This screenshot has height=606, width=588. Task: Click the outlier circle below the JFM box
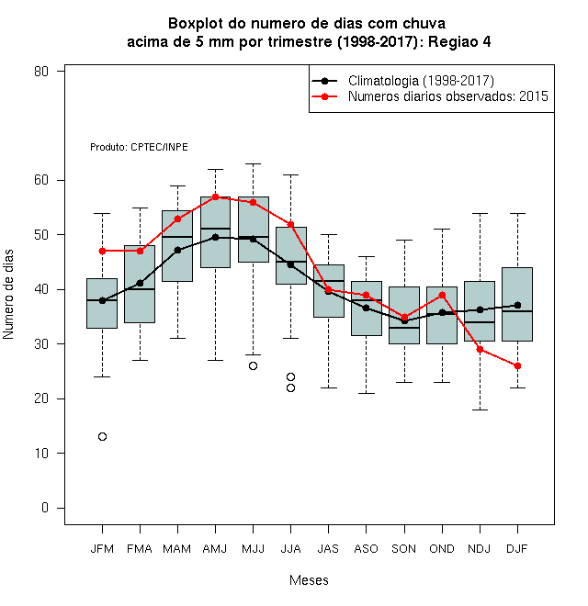click(x=102, y=437)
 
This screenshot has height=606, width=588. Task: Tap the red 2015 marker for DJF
click(x=517, y=366)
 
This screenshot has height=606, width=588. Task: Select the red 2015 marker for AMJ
click(x=216, y=196)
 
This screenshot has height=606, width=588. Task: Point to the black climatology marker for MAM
click(x=177, y=250)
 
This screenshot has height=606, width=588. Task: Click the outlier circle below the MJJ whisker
click(x=253, y=366)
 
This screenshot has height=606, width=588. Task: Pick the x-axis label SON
click(x=403, y=549)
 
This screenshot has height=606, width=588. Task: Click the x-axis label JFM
click(x=102, y=549)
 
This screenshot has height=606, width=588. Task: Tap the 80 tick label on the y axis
click(x=41, y=72)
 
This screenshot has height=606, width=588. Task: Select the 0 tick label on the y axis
click(x=45, y=508)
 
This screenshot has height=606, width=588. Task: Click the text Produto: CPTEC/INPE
click(x=139, y=147)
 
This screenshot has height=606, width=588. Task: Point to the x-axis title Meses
click(x=309, y=580)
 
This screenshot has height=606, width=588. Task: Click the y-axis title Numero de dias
click(x=8, y=295)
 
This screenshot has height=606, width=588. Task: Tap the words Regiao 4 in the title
click(x=459, y=41)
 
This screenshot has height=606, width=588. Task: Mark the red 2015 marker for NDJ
click(x=481, y=350)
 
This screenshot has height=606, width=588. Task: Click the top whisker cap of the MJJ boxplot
click(x=253, y=163)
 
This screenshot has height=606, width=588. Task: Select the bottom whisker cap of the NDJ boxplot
click(x=481, y=410)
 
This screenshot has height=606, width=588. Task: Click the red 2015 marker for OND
click(x=442, y=296)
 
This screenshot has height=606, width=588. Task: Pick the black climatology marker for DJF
click(x=517, y=306)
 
